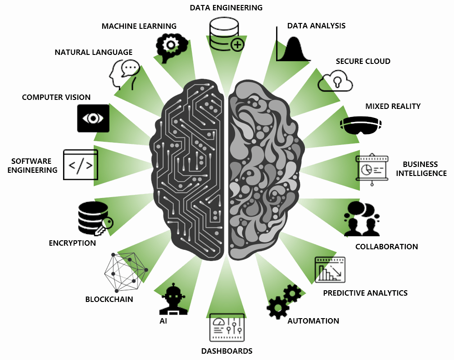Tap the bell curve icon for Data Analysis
[x=293, y=45]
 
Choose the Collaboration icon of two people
[x=362, y=219]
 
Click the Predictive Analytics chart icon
[x=330, y=269]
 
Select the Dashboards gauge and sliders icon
[x=227, y=327]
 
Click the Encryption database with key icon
[x=94, y=218]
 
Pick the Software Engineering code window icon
[x=81, y=165]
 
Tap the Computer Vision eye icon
[x=93, y=118]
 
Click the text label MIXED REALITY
[x=393, y=106]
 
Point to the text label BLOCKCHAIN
[x=109, y=299]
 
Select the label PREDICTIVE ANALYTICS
[x=365, y=293]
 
